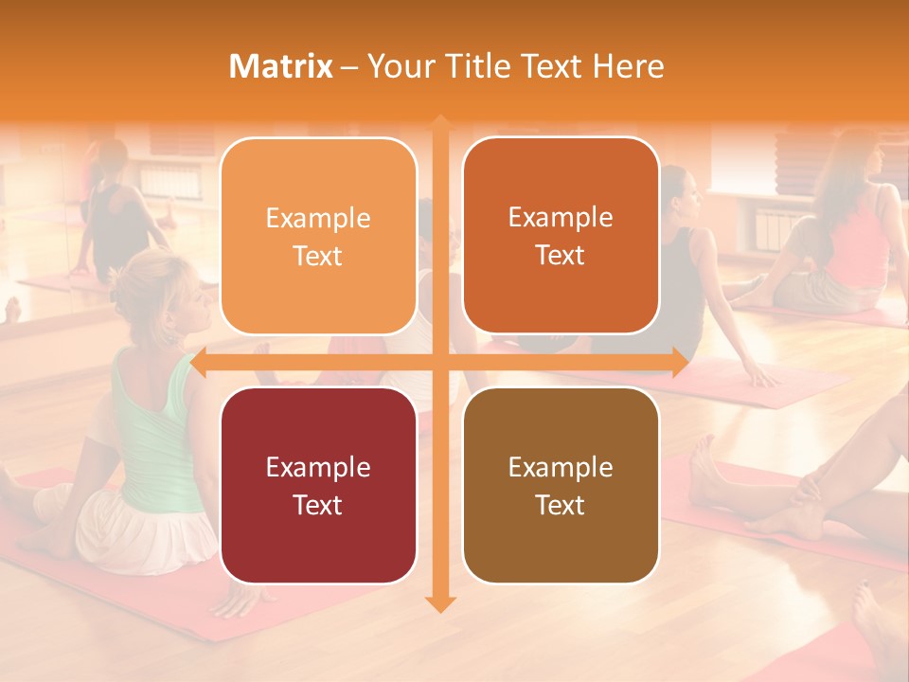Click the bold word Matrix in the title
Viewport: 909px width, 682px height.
(x=281, y=66)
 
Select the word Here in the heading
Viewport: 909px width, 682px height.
(x=629, y=66)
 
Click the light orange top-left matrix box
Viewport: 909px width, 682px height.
(x=318, y=236)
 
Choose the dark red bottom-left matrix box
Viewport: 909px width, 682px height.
(x=318, y=485)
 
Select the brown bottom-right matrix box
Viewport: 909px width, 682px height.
(x=561, y=485)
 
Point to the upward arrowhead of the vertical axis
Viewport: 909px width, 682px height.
(x=440, y=124)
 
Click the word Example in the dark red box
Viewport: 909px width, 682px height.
(x=318, y=467)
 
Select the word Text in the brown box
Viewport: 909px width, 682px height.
(x=561, y=505)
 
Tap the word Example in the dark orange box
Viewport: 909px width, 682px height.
(x=561, y=217)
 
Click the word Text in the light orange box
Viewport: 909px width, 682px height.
(x=318, y=256)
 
